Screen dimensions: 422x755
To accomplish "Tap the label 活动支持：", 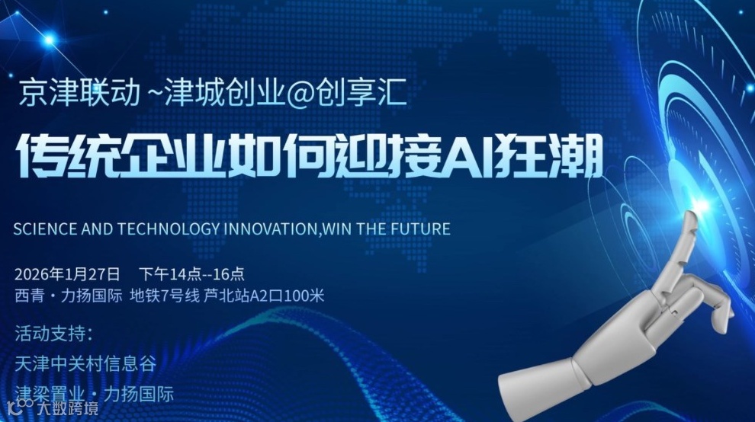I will coord(54,334).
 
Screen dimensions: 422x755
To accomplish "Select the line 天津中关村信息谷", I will coord(85,363).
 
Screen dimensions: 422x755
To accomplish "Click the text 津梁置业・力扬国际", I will coord(95,394).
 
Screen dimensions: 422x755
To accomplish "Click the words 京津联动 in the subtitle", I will coord(79,93).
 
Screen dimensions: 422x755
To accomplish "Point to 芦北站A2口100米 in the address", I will coord(264,295).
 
